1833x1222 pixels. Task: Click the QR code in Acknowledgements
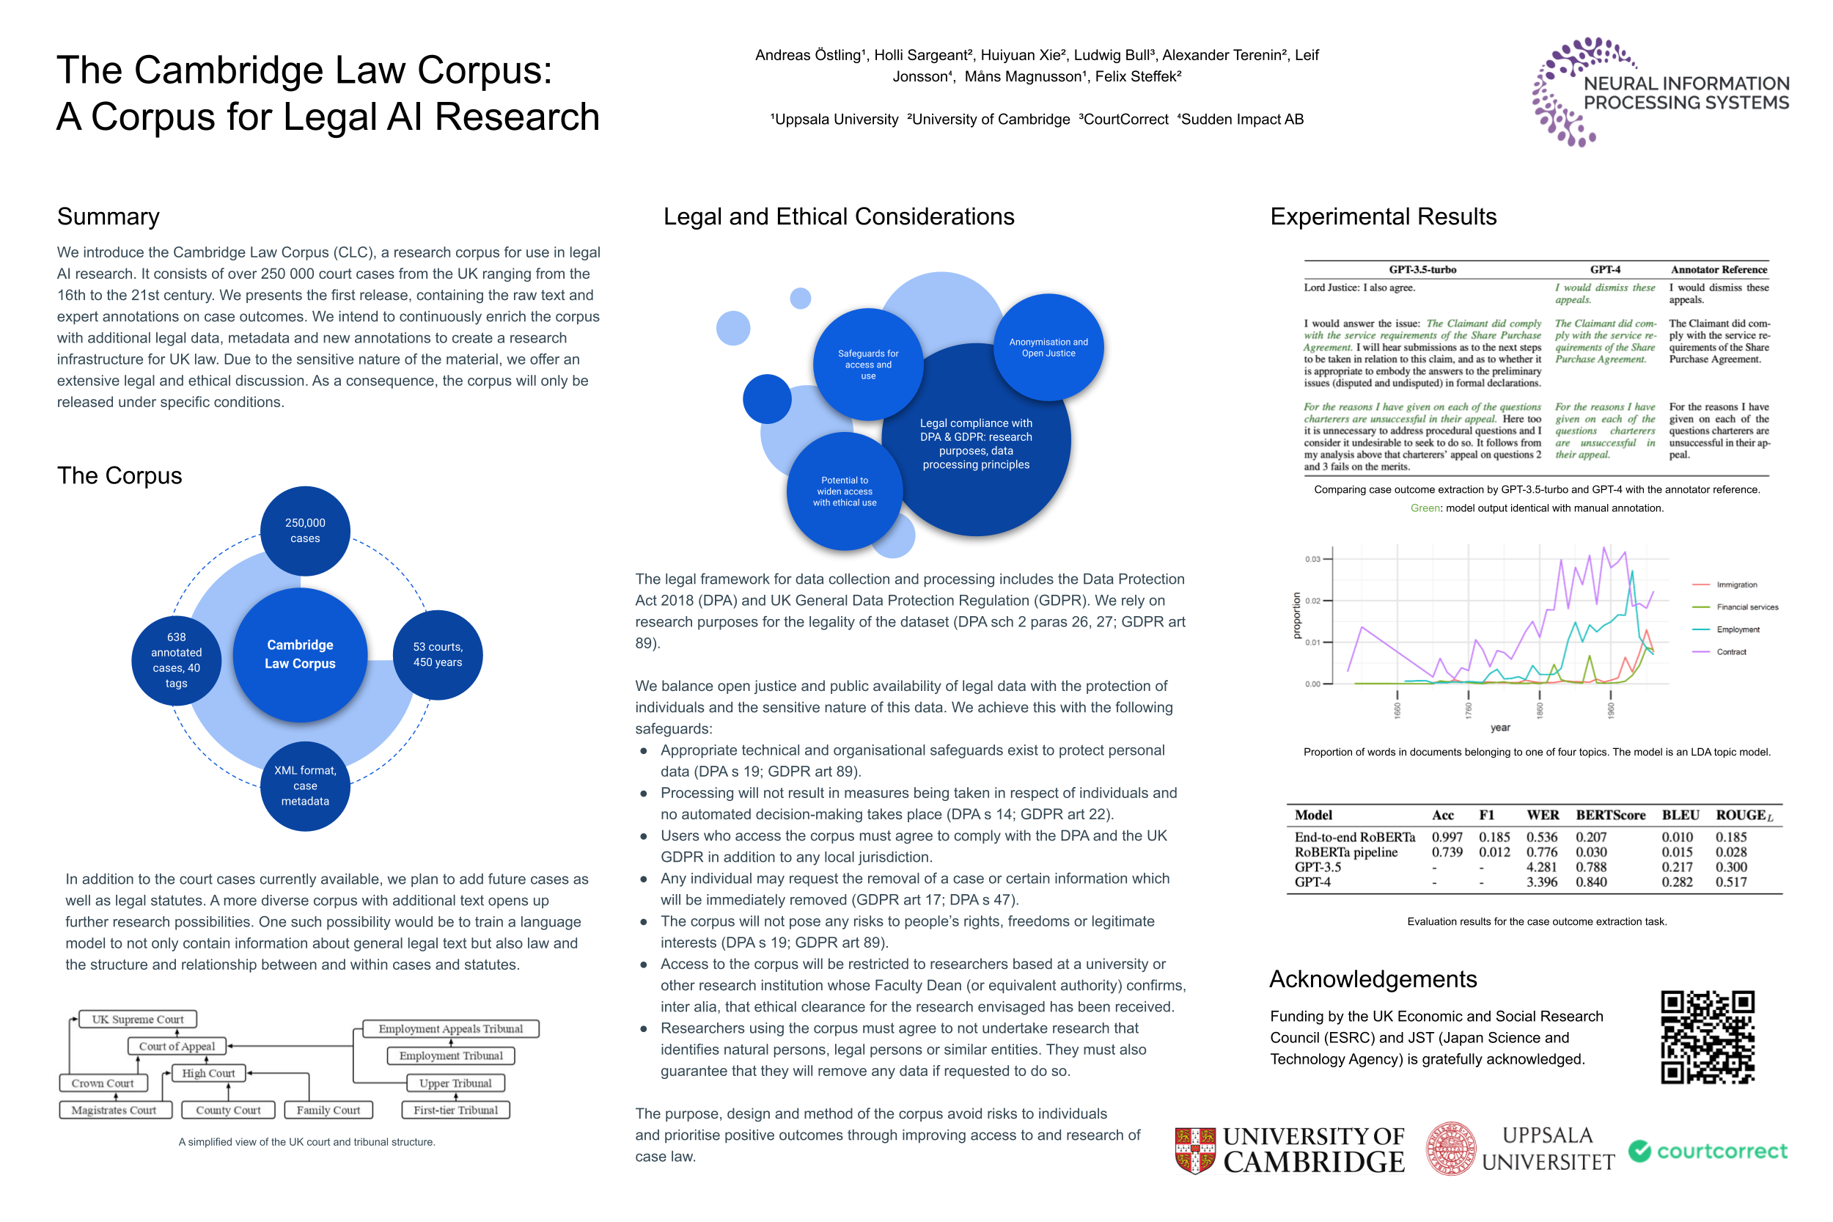pyautogui.click(x=1707, y=1036)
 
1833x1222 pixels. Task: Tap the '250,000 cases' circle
pyautogui.click(x=304, y=531)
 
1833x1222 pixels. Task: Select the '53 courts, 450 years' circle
pyautogui.click(x=438, y=654)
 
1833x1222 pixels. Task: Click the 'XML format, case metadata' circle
pyautogui.click(x=304, y=786)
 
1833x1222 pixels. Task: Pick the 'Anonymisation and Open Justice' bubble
pyautogui.click(x=1048, y=348)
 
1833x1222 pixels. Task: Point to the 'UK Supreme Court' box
pyautogui.click(x=138, y=1020)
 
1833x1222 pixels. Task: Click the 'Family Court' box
pyautogui.click(x=328, y=1110)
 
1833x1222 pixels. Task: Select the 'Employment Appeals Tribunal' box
pyautogui.click(x=450, y=1028)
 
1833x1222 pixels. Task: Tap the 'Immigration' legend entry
pyautogui.click(x=1735, y=585)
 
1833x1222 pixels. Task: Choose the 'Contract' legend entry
pyautogui.click(x=1731, y=651)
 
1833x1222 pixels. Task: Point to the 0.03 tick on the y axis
pyautogui.click(x=1312, y=559)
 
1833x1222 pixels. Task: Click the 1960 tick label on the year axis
pyautogui.click(x=1610, y=709)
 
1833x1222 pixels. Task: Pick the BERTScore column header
pyautogui.click(x=1610, y=815)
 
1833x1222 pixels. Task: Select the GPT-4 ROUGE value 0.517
pyautogui.click(x=1731, y=882)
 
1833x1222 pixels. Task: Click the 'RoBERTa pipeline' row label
pyautogui.click(x=1345, y=852)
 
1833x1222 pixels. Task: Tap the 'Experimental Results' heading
pyautogui.click(x=1383, y=216)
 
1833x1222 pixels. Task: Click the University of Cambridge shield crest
pyautogui.click(x=1195, y=1150)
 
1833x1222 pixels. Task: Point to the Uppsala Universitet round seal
pyautogui.click(x=1450, y=1149)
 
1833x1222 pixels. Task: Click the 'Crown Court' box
pyautogui.click(x=103, y=1083)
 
